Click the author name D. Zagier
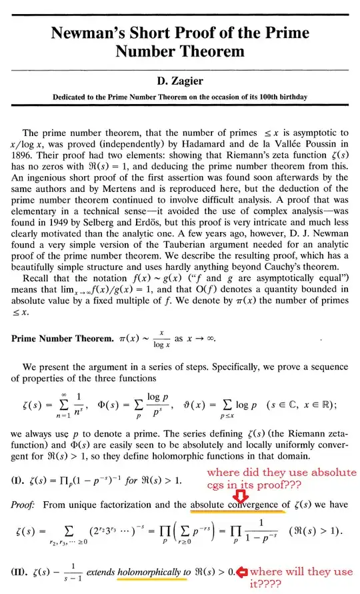(180, 82)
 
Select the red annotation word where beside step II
(267, 571)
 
